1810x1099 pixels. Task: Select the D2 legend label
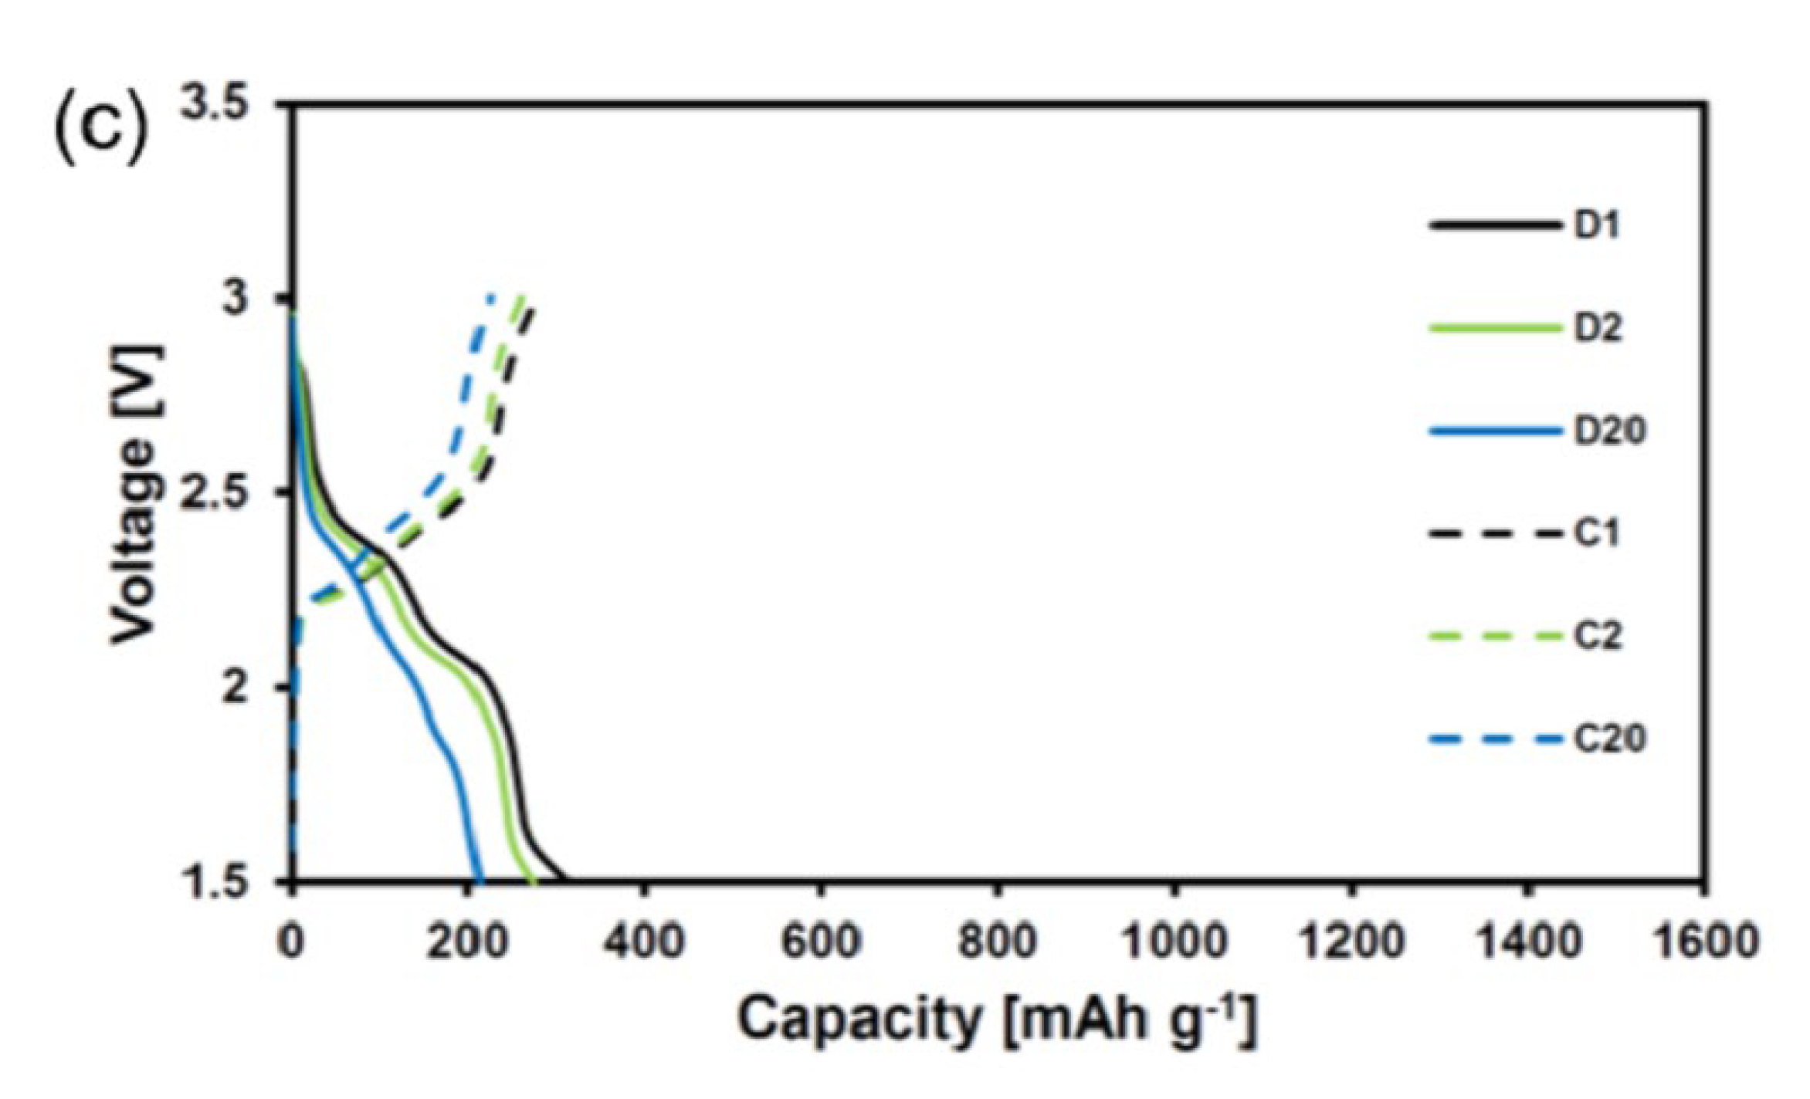click(x=1597, y=328)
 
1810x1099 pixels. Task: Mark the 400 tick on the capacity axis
click(x=644, y=942)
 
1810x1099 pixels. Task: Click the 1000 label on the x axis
click(x=1174, y=942)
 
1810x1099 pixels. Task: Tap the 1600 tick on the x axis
click(x=1703, y=942)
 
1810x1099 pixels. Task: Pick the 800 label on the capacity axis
click(x=997, y=942)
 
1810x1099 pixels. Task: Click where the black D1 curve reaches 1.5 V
click(x=565, y=878)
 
